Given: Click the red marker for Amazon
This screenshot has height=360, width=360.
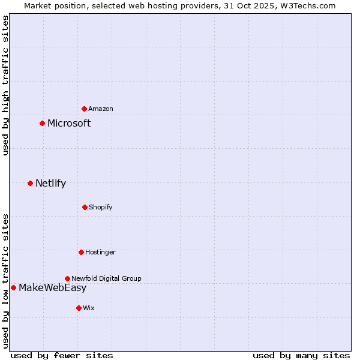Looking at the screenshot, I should click(x=84, y=109).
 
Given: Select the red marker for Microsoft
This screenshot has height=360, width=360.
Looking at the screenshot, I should click(x=42, y=123).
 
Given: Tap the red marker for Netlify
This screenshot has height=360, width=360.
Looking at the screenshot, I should click(x=30, y=183).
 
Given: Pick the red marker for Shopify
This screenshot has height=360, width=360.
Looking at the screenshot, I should click(x=85, y=207).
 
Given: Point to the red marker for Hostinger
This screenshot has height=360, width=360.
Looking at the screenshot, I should click(x=81, y=252).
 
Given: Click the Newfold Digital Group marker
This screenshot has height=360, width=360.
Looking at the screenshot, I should click(x=67, y=278).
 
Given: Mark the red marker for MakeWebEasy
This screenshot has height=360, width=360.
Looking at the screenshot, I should click(x=13, y=287).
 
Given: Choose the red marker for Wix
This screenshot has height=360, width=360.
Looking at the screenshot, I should click(x=79, y=308).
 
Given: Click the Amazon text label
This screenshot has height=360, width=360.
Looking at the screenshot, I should click(x=101, y=109).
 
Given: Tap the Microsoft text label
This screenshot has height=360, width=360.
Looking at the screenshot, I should click(x=69, y=123).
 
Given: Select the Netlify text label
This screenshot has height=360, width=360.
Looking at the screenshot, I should click(x=50, y=183).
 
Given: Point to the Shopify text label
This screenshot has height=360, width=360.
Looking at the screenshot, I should click(x=101, y=207).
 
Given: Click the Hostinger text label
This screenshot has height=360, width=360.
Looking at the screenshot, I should click(x=100, y=252).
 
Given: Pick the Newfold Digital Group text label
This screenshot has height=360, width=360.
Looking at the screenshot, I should click(x=106, y=278).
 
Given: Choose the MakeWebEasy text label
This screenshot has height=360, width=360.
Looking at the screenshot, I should click(x=52, y=287).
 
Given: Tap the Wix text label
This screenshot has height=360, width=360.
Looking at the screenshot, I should click(x=89, y=308).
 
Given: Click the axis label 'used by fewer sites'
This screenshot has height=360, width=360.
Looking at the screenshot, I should click(x=62, y=355).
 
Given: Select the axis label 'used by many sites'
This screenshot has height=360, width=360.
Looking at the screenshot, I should click(x=301, y=355).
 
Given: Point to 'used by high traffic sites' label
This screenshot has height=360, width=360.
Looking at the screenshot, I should click(x=5, y=85).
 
